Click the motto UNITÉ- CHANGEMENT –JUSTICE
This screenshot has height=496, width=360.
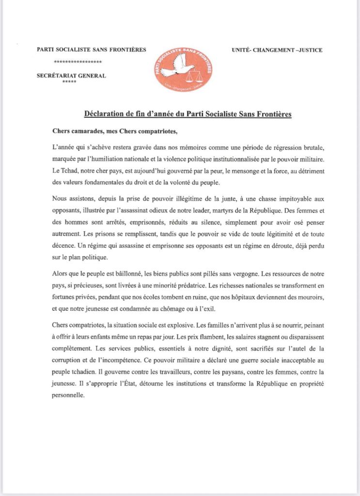pos(278,50)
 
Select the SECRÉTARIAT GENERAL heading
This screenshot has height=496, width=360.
pos(71,76)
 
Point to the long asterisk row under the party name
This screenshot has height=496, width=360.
pos(78,63)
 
